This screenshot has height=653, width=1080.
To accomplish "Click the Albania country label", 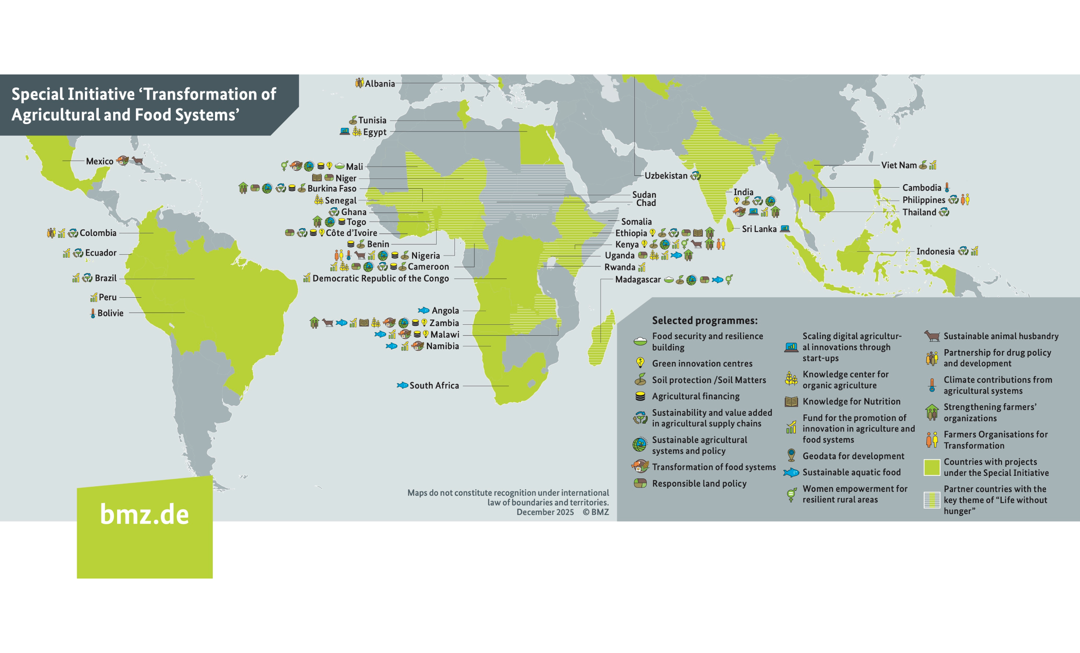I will coord(380,83).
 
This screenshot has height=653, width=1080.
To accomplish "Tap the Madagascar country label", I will coord(637,279).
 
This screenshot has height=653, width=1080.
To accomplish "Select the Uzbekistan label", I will coord(666,176).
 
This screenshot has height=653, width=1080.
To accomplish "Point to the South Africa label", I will coord(434,386).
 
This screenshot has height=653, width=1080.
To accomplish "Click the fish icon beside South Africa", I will coord(402,386).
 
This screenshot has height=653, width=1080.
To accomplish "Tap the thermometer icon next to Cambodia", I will coord(947,188).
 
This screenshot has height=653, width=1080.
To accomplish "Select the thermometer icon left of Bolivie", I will coord(92,313).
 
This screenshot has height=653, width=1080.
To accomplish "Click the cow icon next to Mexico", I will coord(138,161).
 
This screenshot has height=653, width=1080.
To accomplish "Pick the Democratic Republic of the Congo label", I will coord(380,279).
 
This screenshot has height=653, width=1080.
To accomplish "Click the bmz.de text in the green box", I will coord(144,515).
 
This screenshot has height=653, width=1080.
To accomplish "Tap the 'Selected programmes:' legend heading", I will coord(704,320).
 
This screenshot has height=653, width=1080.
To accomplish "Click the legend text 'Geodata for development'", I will coord(853,456).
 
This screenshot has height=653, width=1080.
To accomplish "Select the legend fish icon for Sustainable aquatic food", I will coord(791,473).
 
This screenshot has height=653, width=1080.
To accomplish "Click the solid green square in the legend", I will coord(932,468).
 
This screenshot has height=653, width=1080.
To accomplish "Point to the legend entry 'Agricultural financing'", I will coord(696,396).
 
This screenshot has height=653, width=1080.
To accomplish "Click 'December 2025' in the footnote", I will coord(545,512).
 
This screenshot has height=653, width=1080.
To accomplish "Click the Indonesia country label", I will coord(935,252).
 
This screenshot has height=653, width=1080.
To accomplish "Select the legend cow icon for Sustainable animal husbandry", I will coord(932,337).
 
